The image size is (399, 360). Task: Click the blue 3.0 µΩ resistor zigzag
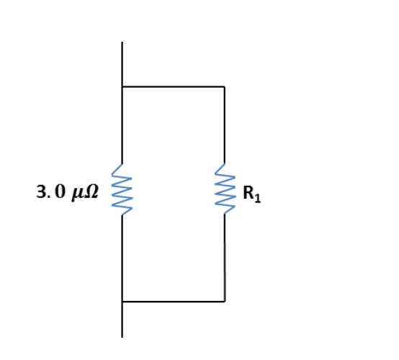pyautogui.click(x=122, y=189)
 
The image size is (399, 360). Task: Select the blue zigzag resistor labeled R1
pyautogui.click(x=225, y=189)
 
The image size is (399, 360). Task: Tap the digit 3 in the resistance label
pyautogui.click(x=40, y=192)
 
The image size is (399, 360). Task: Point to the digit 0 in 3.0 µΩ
pyautogui.click(x=60, y=192)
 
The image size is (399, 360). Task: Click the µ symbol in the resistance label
pyautogui.click(x=77, y=194)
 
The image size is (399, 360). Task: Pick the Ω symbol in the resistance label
pyautogui.click(x=91, y=192)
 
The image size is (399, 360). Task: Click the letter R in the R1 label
pyautogui.click(x=248, y=192)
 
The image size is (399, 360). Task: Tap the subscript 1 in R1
pyautogui.click(x=258, y=198)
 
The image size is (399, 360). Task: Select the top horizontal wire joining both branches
pyautogui.click(x=174, y=86)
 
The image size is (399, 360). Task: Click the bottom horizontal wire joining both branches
pyautogui.click(x=174, y=302)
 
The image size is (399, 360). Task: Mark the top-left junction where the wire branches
pyautogui.click(x=122, y=86)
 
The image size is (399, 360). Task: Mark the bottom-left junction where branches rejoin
pyautogui.click(x=122, y=302)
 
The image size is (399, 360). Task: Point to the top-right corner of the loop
pyautogui.click(x=225, y=86)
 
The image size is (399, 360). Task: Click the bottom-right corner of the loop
pyautogui.click(x=225, y=302)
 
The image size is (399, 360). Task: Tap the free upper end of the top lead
pyautogui.click(x=122, y=42)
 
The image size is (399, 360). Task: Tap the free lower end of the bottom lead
pyautogui.click(x=122, y=338)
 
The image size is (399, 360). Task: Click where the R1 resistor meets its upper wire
pyautogui.click(x=225, y=163)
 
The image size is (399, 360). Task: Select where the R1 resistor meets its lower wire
pyautogui.click(x=225, y=214)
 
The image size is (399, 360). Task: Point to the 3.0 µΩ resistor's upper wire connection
pyautogui.click(x=122, y=164)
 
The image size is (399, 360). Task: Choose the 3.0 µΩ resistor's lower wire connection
pyautogui.click(x=122, y=215)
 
